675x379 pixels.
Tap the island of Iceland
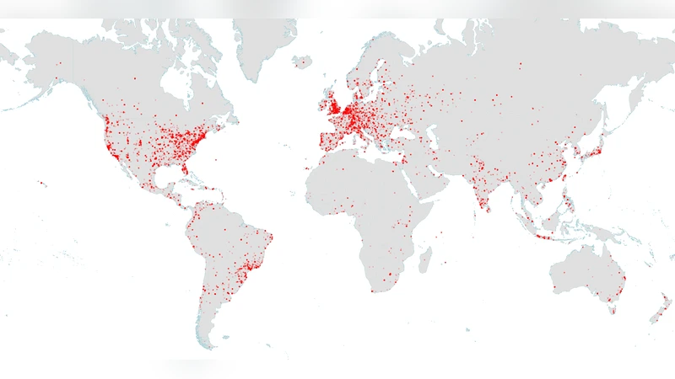click(302, 62)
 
